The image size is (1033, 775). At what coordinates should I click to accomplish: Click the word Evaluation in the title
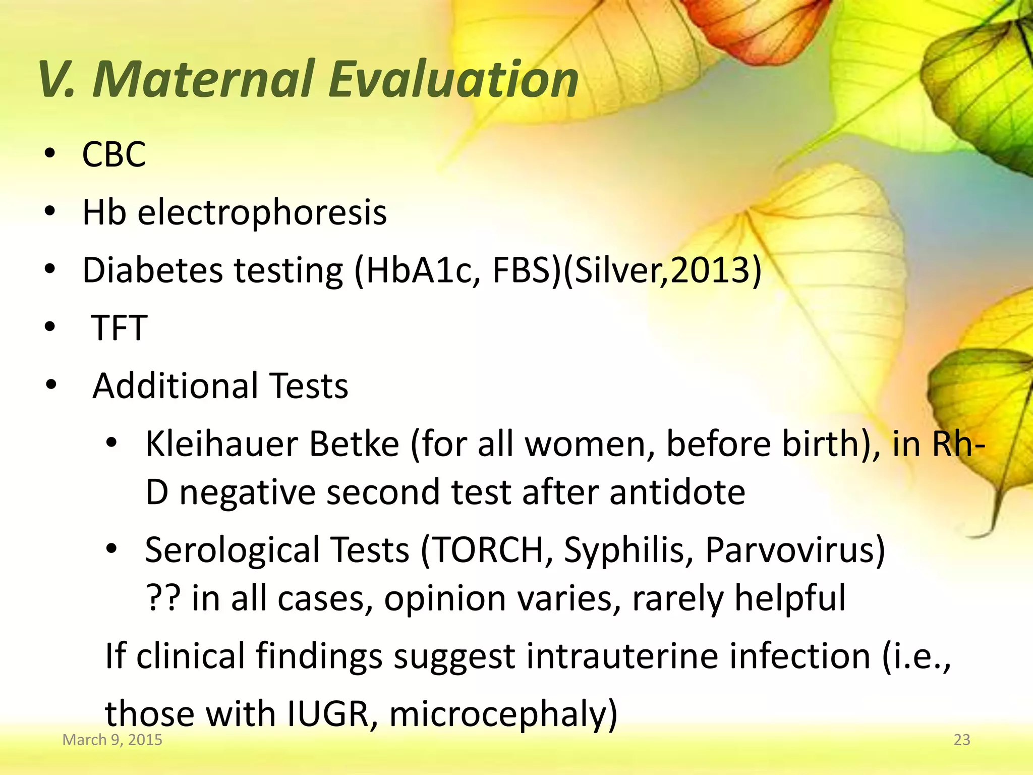click(453, 79)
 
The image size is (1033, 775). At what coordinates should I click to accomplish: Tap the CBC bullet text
click(114, 154)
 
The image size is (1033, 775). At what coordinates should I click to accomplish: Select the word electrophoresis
click(262, 212)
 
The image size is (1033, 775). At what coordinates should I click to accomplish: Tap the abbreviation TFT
click(119, 328)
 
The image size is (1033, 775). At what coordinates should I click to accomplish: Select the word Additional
click(175, 386)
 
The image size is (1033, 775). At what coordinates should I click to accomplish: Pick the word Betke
click(354, 445)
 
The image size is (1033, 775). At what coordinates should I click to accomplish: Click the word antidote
click(677, 492)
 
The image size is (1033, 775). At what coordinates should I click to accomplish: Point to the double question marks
click(163, 598)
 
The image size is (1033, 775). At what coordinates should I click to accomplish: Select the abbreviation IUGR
click(328, 714)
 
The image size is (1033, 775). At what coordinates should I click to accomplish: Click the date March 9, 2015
click(112, 740)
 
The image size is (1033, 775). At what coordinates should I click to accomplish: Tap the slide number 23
click(962, 740)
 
